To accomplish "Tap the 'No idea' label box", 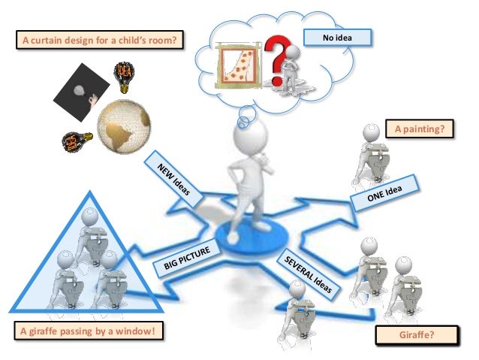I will pyautogui.click(x=337, y=38).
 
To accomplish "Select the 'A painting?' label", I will pyautogui.click(x=420, y=129).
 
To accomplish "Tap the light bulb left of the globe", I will pyautogui.click(x=73, y=139).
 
